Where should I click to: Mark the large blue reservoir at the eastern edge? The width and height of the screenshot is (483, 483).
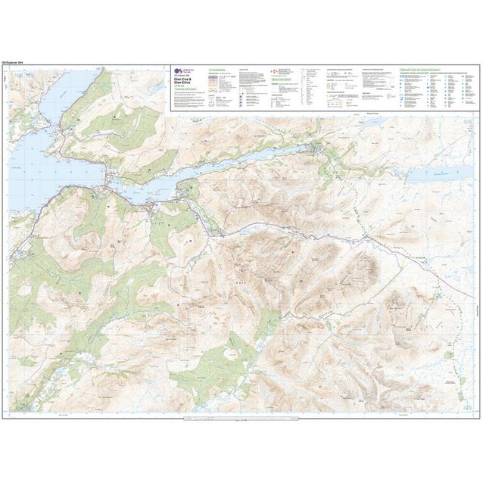pyautogui.click(x=436, y=176)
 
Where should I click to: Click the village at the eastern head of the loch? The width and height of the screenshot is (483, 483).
pyautogui.click(x=318, y=150)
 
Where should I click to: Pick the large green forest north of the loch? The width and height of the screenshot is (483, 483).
pyautogui.click(x=114, y=129)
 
